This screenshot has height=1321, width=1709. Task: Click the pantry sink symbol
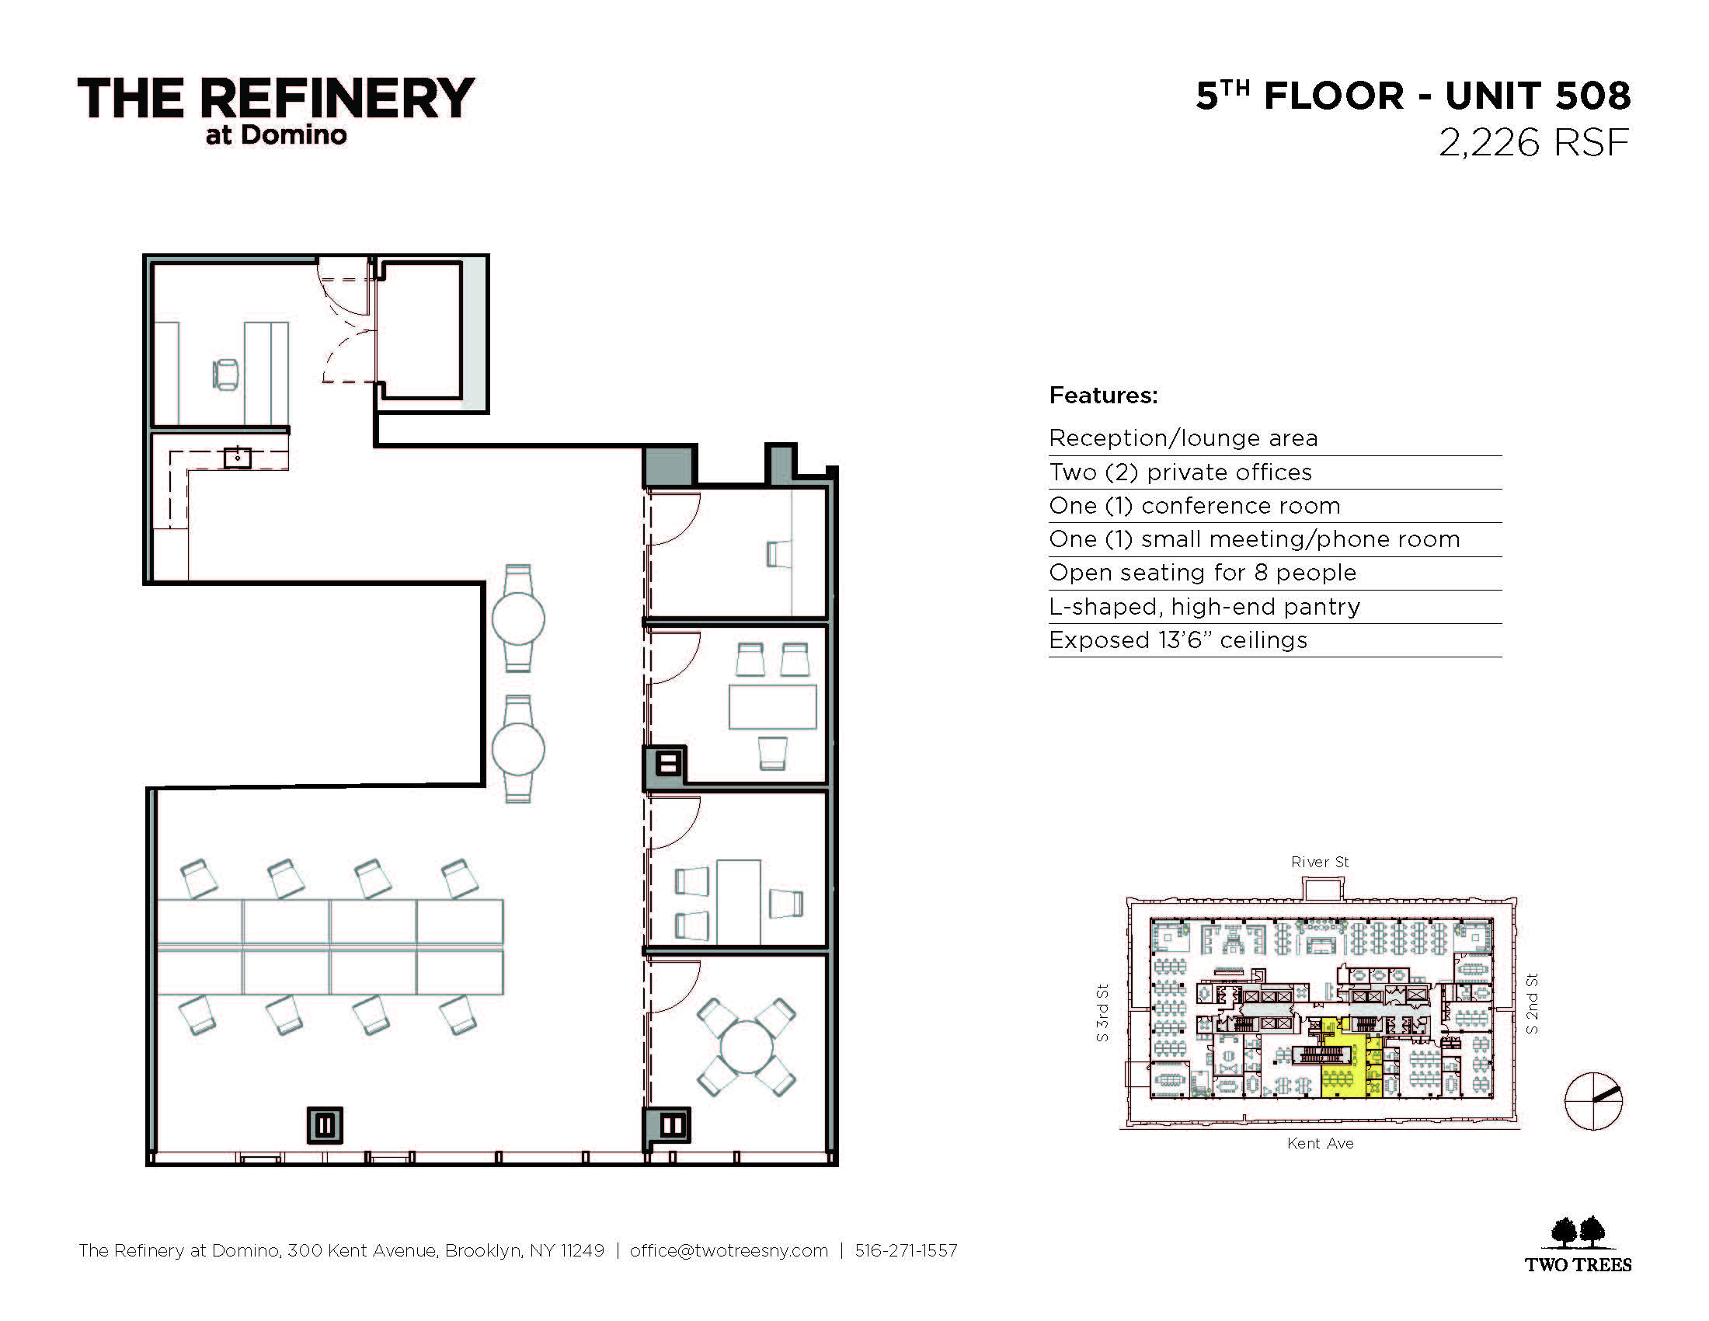pyautogui.click(x=237, y=457)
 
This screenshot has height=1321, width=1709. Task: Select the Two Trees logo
pyautogui.click(x=1578, y=1245)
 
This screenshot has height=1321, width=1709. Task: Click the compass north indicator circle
pyautogui.click(x=1593, y=1101)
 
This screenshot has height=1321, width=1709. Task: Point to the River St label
pyautogui.click(x=1320, y=862)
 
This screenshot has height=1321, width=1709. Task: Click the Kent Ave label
pyautogui.click(x=1320, y=1143)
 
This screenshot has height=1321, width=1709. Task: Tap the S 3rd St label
pyautogui.click(x=1102, y=1013)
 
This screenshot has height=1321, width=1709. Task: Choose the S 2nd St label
pyautogui.click(x=1532, y=1003)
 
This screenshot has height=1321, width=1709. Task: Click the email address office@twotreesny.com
pyautogui.click(x=729, y=1250)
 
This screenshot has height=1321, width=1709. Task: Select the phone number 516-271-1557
pyautogui.click(x=906, y=1250)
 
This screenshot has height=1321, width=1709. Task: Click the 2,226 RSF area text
pyautogui.click(x=1533, y=143)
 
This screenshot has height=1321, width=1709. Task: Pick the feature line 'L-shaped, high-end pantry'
pyautogui.click(x=1204, y=607)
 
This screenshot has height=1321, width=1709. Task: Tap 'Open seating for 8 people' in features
pyautogui.click(x=1203, y=573)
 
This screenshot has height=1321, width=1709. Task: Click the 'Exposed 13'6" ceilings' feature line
pyautogui.click(x=1178, y=640)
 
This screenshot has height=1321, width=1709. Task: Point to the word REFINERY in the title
pyautogui.click(x=337, y=99)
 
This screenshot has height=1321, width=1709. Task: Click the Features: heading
pyautogui.click(x=1103, y=396)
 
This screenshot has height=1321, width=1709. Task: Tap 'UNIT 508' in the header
pyautogui.click(x=1537, y=96)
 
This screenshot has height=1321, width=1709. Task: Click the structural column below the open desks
pyautogui.click(x=325, y=1125)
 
